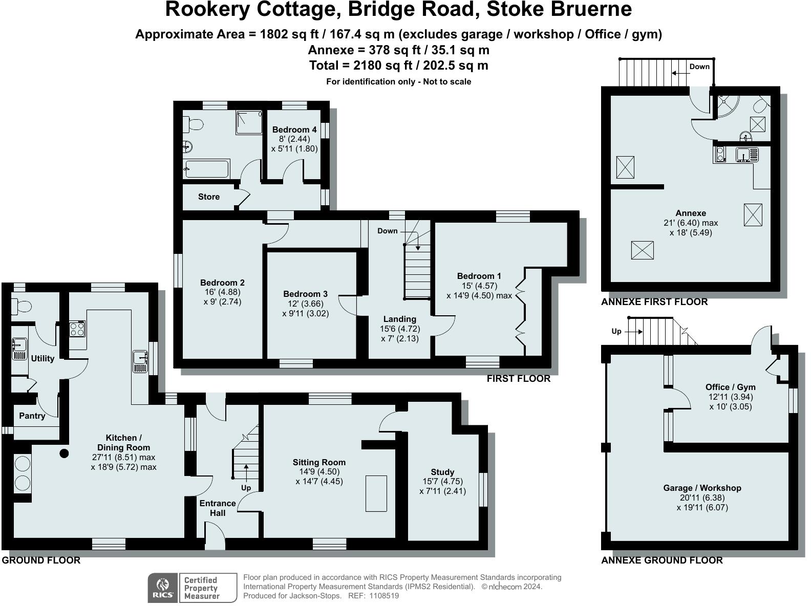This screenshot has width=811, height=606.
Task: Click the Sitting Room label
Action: (319, 462)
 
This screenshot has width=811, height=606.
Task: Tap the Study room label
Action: (442, 472)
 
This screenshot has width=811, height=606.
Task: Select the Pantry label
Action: (32, 416)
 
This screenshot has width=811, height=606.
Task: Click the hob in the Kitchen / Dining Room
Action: (77, 328)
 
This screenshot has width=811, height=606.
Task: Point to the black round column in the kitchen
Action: (64, 453)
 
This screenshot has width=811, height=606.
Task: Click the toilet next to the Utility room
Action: (21, 307)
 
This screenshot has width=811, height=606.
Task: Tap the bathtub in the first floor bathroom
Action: (207, 168)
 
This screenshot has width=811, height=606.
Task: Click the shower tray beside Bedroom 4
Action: (249, 123)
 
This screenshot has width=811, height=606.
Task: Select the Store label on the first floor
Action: (209, 197)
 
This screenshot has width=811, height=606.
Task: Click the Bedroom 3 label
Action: (305, 294)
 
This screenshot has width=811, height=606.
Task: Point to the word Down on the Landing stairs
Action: (387, 231)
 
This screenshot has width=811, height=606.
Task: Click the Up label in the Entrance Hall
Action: (246, 488)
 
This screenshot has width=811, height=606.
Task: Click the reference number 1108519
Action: (380, 596)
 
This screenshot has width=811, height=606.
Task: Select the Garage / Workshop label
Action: (702, 488)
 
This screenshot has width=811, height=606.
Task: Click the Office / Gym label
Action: (730, 387)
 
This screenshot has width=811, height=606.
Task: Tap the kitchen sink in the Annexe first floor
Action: (746, 154)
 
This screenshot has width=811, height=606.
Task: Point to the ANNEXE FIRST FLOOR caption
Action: (654, 302)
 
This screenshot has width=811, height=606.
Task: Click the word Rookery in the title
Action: (210, 9)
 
